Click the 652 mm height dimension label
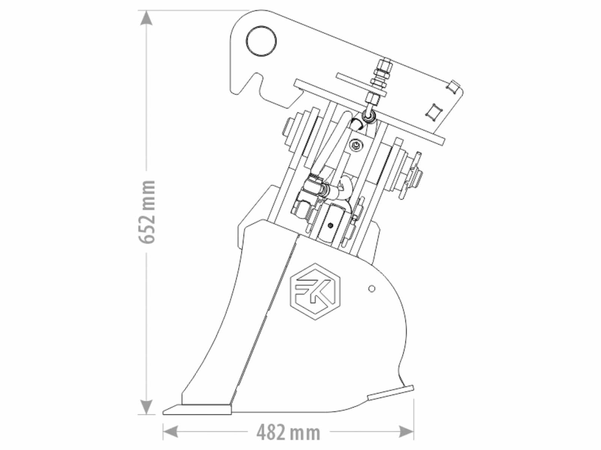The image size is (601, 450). click(147, 212)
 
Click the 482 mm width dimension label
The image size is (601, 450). click(288, 432)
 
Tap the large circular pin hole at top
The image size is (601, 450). click(261, 41)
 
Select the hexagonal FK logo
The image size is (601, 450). click(315, 291)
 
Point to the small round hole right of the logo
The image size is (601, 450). click(371, 288)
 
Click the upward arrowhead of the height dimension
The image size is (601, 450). click(146, 18)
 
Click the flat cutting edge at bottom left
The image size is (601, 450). click(197, 409)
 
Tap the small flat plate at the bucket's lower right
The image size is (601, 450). click(391, 393)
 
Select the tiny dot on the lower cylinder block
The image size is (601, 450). click(331, 225)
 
